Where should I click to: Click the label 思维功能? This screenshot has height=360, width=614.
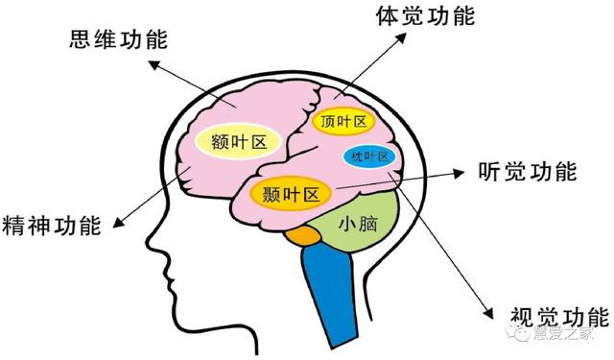pyautogui.click(x=118, y=40)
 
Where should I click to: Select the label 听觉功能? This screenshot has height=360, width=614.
pyautogui.click(x=527, y=173)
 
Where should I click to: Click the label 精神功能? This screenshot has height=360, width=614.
pyautogui.click(x=53, y=227)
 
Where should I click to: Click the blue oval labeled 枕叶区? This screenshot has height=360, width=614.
pyautogui.click(x=369, y=156)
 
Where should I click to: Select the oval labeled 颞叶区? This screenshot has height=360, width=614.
pyautogui.click(x=291, y=193)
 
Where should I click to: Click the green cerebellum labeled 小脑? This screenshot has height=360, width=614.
pyautogui.click(x=356, y=228)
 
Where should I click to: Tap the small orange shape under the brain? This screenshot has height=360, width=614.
pyautogui.click(x=305, y=234)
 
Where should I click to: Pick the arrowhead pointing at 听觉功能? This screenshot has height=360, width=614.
pyautogui.click(x=459, y=174)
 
